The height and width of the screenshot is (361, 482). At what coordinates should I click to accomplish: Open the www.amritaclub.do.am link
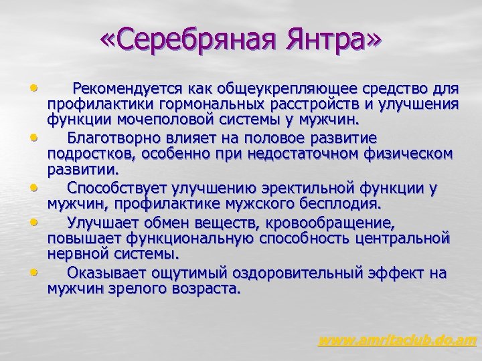[397, 341]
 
